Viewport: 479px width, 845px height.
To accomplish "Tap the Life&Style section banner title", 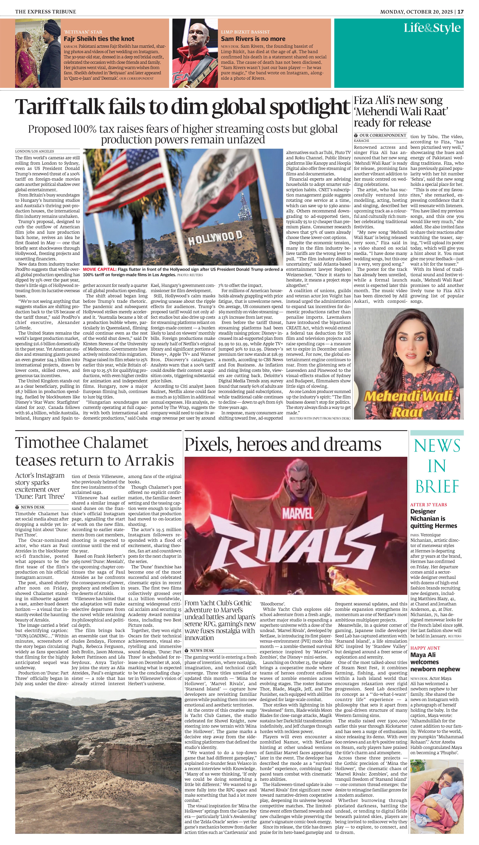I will pos(432,28).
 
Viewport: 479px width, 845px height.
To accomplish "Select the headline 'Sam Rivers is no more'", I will pos(253,39).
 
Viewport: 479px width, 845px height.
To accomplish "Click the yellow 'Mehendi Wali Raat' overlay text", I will pos(408,403).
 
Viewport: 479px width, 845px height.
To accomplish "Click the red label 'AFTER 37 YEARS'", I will pos(428,505).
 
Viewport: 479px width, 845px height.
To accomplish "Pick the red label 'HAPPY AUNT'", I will pos(425,648).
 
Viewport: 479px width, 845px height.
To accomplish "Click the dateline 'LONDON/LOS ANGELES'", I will pos(35,151).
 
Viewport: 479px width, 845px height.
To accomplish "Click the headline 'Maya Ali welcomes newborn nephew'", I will pos(435,662).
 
